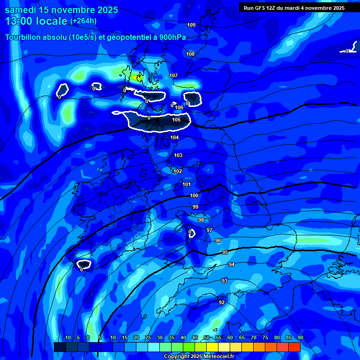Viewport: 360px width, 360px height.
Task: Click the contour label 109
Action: (x=191, y=25)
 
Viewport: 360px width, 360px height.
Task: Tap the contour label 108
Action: (x=190, y=54)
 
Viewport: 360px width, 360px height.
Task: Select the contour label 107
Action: (x=173, y=75)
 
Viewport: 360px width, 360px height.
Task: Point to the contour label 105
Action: (x=176, y=120)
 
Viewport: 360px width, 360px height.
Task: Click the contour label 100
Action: (x=194, y=195)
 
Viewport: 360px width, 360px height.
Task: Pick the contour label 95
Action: (x=225, y=252)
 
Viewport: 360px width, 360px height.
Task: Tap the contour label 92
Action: (x=222, y=302)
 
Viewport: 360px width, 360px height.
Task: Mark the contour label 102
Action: (x=178, y=171)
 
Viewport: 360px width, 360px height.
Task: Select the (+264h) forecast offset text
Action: (x=83, y=21)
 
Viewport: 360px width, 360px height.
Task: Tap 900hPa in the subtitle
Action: (x=171, y=37)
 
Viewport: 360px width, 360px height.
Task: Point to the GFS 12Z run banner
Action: (x=294, y=8)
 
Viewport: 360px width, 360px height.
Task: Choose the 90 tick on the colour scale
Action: (x=300, y=337)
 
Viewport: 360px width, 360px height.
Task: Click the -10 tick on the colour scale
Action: (x=67, y=337)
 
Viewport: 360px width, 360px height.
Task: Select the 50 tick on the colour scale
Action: (x=207, y=337)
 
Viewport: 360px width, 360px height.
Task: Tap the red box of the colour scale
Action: (x=294, y=347)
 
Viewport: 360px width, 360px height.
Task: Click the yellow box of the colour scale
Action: (x=212, y=347)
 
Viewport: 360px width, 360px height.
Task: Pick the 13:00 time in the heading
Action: (x=22, y=21)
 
